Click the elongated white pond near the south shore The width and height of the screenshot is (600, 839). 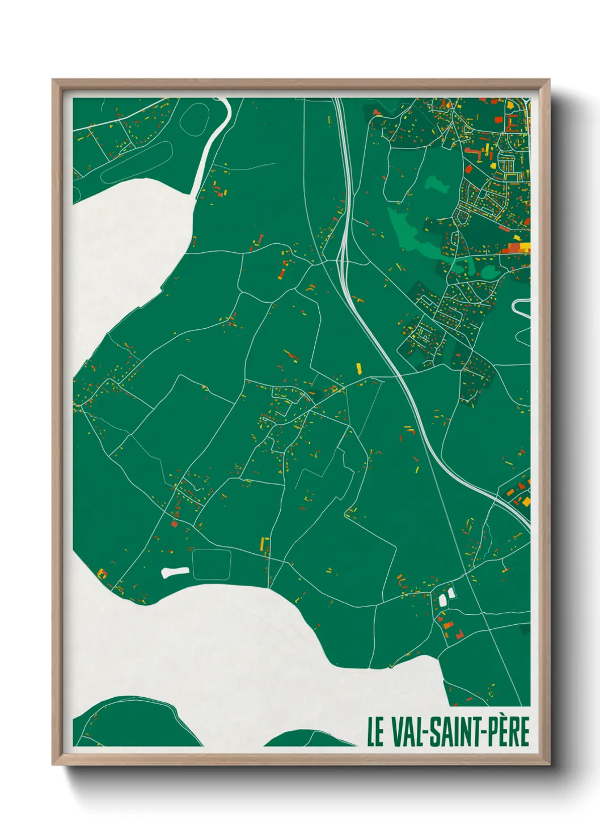tap(175, 572)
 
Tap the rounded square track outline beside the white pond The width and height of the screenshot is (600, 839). tap(212, 564)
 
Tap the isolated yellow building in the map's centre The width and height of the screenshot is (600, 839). tap(358, 368)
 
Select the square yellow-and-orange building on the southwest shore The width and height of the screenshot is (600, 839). tap(103, 573)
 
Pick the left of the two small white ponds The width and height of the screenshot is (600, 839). tap(442, 599)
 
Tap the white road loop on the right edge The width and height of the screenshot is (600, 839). tap(521, 307)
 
